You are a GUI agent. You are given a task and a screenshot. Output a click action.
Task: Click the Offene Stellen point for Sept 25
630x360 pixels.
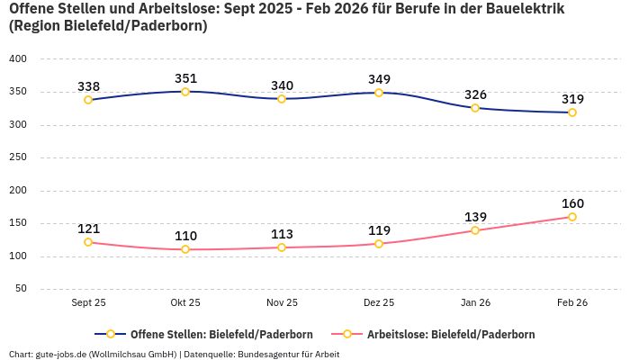click(x=88, y=100)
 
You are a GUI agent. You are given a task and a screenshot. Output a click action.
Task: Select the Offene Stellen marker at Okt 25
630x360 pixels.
click(x=185, y=91)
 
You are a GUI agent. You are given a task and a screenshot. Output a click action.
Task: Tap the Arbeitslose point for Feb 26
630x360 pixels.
click(x=572, y=217)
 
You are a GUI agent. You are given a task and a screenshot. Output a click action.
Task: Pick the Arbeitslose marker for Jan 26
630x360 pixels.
click(x=475, y=230)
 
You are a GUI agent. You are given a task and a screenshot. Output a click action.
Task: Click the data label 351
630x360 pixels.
click(x=185, y=77)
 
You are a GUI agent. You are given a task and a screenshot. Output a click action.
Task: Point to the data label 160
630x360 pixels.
click(x=572, y=203)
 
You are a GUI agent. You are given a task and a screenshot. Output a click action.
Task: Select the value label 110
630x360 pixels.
click(x=185, y=236)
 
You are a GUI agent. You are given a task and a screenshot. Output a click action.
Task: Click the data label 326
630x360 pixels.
click(x=475, y=94)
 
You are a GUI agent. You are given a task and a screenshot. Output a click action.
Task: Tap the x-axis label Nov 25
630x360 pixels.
click(x=282, y=303)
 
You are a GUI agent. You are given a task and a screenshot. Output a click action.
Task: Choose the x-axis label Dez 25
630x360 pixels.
click(x=379, y=303)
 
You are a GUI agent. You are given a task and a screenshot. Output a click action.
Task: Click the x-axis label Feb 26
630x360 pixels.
click(x=572, y=303)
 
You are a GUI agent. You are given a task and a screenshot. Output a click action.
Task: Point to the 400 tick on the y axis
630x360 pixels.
click(x=18, y=58)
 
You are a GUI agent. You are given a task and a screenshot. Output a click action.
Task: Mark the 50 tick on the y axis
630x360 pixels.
click(x=21, y=289)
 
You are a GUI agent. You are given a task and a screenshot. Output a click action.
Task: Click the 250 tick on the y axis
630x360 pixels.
click(x=18, y=157)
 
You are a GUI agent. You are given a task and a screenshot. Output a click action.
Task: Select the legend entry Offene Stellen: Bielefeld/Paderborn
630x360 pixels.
click(x=207, y=334)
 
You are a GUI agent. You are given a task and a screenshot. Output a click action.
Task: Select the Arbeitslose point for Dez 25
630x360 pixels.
click(x=379, y=244)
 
